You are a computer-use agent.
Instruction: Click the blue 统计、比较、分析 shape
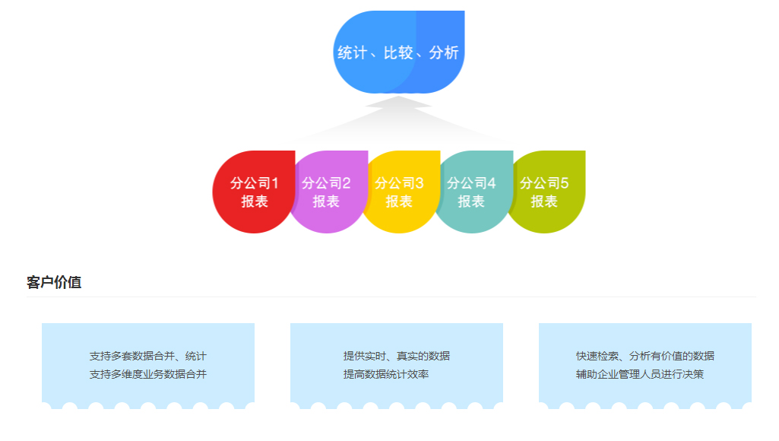click(399, 52)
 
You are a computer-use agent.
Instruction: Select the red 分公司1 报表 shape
click(253, 192)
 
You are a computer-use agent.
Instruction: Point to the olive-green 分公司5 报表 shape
click(547, 192)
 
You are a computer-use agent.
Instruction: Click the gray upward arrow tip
click(398, 97)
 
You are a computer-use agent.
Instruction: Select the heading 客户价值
click(54, 282)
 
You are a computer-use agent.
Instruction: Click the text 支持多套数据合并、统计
click(147, 356)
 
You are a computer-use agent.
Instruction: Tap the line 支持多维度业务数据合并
click(147, 374)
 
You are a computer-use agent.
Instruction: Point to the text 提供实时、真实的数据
click(397, 356)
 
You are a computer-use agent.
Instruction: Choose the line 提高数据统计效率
click(386, 374)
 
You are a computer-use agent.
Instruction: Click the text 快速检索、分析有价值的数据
click(645, 356)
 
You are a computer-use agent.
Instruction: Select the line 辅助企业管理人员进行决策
click(640, 374)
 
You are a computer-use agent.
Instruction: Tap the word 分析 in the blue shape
click(444, 52)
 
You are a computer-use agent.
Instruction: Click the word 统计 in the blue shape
click(352, 52)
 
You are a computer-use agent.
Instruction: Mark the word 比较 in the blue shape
click(398, 52)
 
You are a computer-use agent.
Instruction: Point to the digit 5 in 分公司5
click(565, 183)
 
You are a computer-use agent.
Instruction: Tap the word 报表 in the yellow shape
click(399, 201)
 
